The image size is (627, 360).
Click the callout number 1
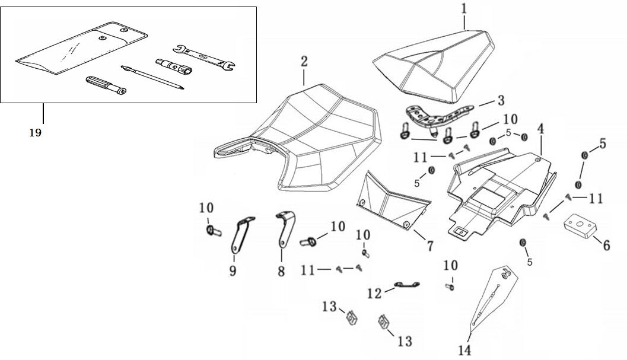(464, 9)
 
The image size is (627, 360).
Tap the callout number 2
(304, 62)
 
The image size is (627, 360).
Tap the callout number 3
(501, 100)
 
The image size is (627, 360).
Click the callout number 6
(606, 244)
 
